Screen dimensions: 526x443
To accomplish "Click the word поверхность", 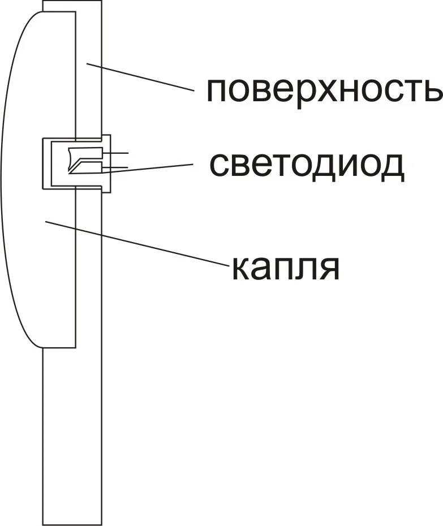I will pyautogui.click(x=324, y=90).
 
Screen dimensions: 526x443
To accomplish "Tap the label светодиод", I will pyautogui.click(x=307, y=164).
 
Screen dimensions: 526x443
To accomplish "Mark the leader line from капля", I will pyautogui.click(x=136, y=243).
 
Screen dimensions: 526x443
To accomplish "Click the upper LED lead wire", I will pyautogui.click(x=119, y=153).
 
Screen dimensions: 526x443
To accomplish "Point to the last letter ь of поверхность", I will pyautogui.click(x=432, y=92).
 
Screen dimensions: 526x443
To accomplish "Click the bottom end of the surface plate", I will pyautogui.click(x=72, y=524).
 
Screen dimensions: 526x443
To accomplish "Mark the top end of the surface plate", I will pyautogui.click(x=72, y=2).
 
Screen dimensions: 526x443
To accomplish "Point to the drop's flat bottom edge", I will pyautogui.click(x=59, y=347).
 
